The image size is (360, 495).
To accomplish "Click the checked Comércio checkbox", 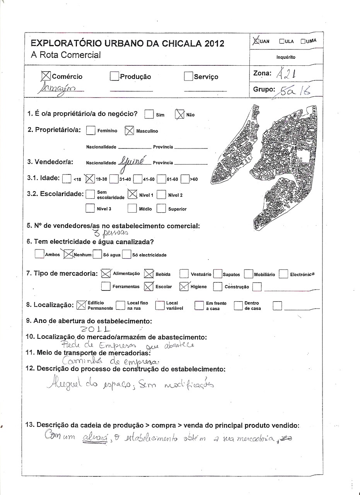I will click(46, 76).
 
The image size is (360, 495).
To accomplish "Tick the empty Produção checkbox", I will click(114, 77).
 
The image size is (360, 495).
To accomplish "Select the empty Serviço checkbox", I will click(188, 77).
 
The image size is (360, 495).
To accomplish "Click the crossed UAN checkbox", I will click(256, 41).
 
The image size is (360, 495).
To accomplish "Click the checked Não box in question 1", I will click(180, 114).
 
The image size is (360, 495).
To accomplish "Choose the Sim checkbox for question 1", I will click(149, 114).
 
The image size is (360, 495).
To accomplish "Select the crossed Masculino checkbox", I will click(129, 131).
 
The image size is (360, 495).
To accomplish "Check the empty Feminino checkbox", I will click(90, 131).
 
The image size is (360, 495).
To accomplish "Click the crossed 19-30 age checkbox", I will click(89, 179).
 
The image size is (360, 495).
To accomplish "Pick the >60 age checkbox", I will click(184, 179).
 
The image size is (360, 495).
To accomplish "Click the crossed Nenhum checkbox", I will click(68, 254).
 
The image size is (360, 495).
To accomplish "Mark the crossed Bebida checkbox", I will click(149, 274).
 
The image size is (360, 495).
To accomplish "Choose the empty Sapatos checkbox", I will click(217, 274).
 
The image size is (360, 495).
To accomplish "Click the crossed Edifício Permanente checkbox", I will click(81, 305).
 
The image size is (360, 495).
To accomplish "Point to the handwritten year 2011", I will click(95, 329).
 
